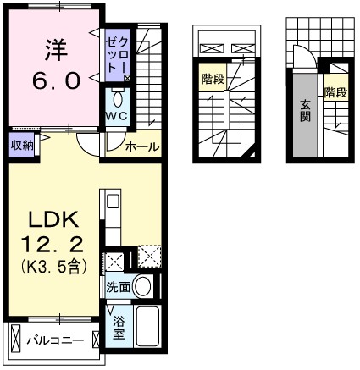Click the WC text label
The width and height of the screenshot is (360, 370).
[x=116, y=115]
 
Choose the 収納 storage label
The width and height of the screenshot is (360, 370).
[x=22, y=144]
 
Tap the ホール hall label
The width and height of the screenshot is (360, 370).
[x=141, y=147]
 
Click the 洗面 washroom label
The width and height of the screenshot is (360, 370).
[x=118, y=287]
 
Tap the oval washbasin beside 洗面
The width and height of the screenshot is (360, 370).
[x=144, y=286]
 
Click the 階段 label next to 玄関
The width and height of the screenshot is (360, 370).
[x=335, y=91]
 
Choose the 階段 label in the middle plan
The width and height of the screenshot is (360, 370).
[x=213, y=79]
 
